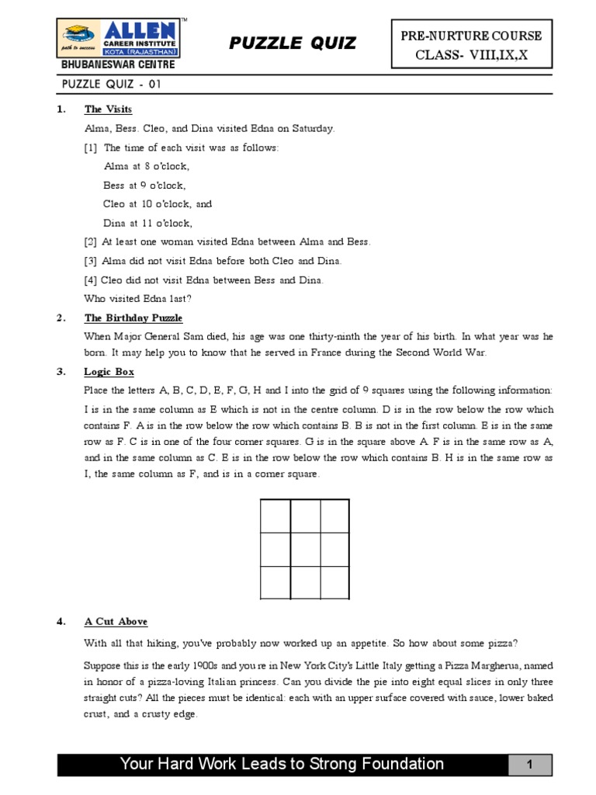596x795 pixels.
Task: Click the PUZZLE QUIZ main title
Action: (x=293, y=43)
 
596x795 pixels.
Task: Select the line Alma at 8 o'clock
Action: (x=147, y=166)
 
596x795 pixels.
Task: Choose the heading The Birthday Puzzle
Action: (x=133, y=318)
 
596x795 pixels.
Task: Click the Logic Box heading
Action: (x=109, y=372)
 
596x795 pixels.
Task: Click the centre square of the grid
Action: (x=305, y=550)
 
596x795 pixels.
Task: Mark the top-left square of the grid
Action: (x=275, y=516)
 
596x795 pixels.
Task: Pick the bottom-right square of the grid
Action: (x=335, y=583)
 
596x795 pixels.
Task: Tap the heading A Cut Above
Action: (x=116, y=622)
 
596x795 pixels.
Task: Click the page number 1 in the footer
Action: (x=529, y=765)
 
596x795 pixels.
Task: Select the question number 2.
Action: (x=61, y=318)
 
